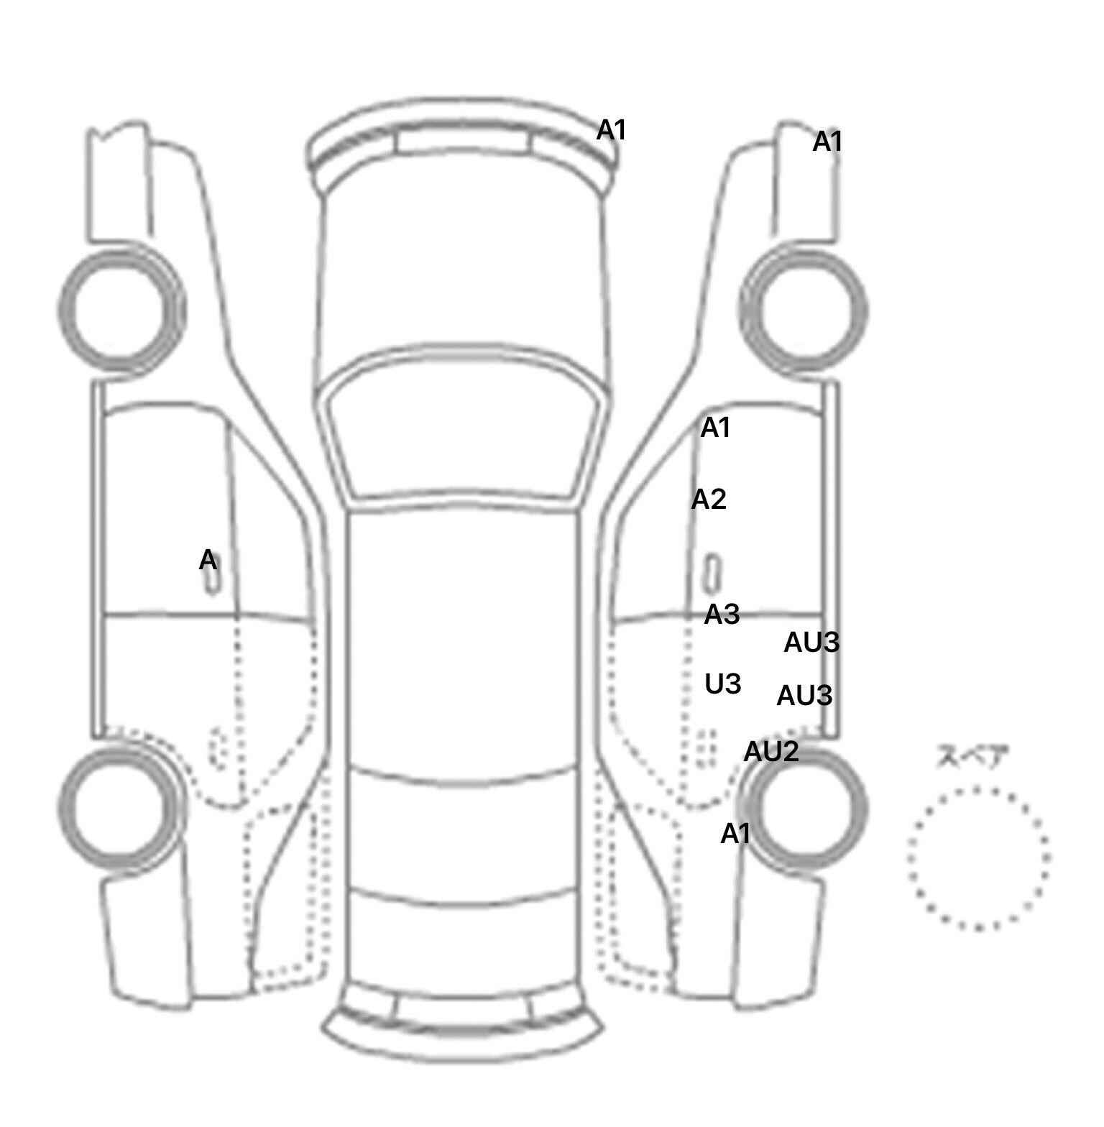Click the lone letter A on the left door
(x=208, y=560)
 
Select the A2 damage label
(x=709, y=499)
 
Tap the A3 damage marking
(x=722, y=615)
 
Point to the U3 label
(x=723, y=684)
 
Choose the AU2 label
(x=771, y=752)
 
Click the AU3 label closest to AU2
(x=804, y=696)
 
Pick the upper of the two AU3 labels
(x=811, y=643)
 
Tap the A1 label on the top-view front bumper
(x=612, y=130)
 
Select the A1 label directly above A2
(x=715, y=428)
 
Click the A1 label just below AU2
(x=735, y=834)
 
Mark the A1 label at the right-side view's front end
(x=827, y=142)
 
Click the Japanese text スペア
(x=972, y=757)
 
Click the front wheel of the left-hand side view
(x=121, y=310)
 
